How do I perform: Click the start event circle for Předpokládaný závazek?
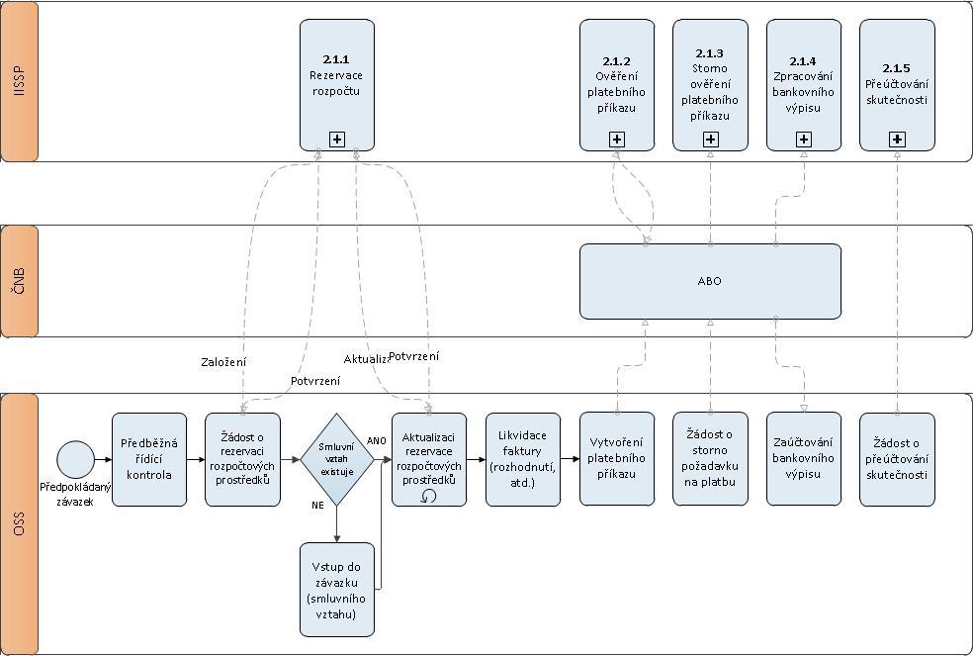[74, 459]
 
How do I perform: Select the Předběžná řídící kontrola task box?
[149, 459]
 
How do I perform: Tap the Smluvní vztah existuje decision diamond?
[337, 459]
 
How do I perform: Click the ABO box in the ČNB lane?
[709, 281]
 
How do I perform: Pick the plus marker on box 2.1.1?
[337, 140]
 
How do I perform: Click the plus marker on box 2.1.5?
[897, 140]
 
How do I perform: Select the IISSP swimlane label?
[20, 81]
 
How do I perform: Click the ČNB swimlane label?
[20, 281]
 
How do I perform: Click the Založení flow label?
[222, 362]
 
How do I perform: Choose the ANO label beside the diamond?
[377, 439]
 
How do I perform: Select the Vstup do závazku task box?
[337, 589]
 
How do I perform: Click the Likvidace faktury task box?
[523, 459]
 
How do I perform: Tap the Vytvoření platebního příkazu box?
[616, 459]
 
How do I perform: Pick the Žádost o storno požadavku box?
[710, 459]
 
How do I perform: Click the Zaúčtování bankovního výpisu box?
[804, 459]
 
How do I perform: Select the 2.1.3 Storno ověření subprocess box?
[710, 85]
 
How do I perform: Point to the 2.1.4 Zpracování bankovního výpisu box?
[804, 85]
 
